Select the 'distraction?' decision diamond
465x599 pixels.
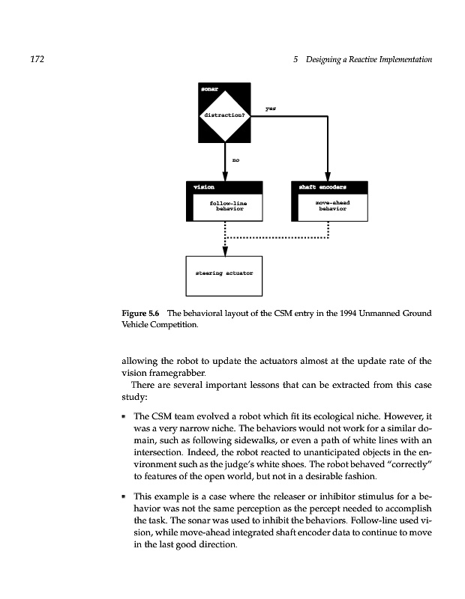pyautogui.click(x=225, y=115)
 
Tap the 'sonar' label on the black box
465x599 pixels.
pyautogui.click(x=208, y=90)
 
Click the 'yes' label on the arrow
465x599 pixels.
pyautogui.click(x=271, y=108)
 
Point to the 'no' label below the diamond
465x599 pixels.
pyautogui.click(x=235, y=159)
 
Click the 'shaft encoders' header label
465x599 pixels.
pyautogui.click(x=322, y=186)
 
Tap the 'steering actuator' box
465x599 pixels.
pyautogui.click(x=225, y=274)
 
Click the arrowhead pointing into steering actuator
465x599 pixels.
pyautogui.click(x=225, y=252)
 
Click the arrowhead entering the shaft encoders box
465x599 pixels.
pyautogui.click(x=328, y=177)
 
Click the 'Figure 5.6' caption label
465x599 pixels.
pyautogui.click(x=141, y=313)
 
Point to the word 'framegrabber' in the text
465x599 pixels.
pyautogui.click(x=178, y=372)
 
